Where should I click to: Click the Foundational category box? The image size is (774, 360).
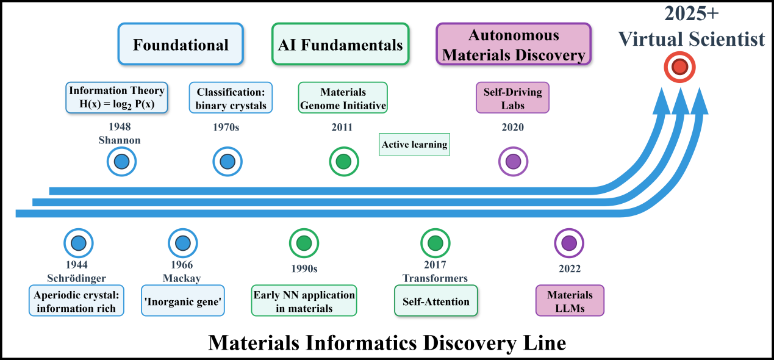(x=181, y=45)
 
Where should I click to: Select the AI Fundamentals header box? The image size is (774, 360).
(x=340, y=45)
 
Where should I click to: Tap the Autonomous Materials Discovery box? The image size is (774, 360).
(x=514, y=45)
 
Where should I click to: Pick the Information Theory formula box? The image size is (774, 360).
(x=116, y=98)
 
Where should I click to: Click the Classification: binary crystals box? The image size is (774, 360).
(x=231, y=98)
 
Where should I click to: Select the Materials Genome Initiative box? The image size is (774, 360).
(x=343, y=98)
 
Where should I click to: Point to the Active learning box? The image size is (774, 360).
(x=414, y=145)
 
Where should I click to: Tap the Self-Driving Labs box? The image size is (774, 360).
(x=512, y=98)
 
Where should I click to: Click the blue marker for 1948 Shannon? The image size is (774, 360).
(x=121, y=162)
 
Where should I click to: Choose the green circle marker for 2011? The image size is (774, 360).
(x=343, y=162)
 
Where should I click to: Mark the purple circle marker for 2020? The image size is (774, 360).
(x=513, y=162)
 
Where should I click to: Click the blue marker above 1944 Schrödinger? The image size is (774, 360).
(x=78, y=243)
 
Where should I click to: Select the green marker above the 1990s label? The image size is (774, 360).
(x=304, y=243)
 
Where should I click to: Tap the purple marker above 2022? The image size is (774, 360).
(x=568, y=243)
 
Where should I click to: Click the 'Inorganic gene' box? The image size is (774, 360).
(x=182, y=300)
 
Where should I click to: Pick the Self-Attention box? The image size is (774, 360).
(x=436, y=301)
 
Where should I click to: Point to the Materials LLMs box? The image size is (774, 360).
(x=570, y=301)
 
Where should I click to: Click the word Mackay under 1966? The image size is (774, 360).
(x=182, y=278)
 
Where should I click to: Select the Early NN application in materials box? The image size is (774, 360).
(x=304, y=301)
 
